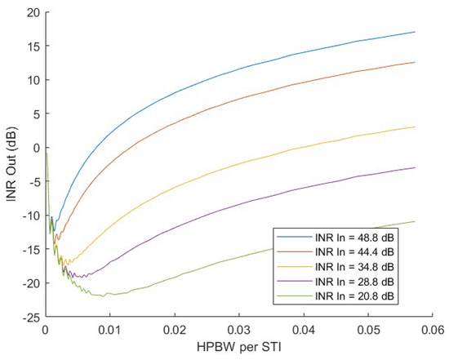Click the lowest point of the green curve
click(x=104, y=296)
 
